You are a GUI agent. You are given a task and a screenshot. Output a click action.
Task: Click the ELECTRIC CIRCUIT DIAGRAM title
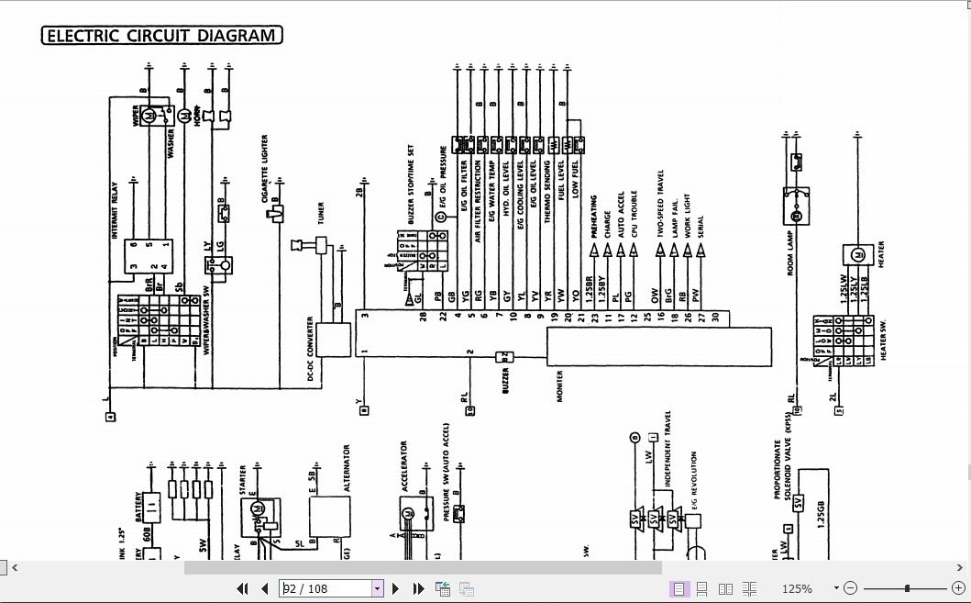tap(161, 36)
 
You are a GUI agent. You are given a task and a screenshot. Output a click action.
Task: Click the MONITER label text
tap(560, 385)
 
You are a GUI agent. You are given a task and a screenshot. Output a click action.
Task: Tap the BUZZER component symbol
tap(502, 356)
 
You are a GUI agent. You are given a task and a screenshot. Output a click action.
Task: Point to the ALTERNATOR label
tap(347, 469)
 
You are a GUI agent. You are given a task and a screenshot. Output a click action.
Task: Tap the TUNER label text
tap(321, 213)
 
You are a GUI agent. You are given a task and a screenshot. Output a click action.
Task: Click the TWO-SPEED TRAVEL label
tap(660, 204)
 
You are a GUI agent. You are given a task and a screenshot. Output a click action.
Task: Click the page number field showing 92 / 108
tap(325, 588)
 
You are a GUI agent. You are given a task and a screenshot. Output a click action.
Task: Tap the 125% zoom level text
tap(797, 588)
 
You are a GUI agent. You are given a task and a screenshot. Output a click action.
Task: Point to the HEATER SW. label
tap(883, 339)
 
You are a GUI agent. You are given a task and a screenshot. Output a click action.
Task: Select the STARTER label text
tap(243, 478)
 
